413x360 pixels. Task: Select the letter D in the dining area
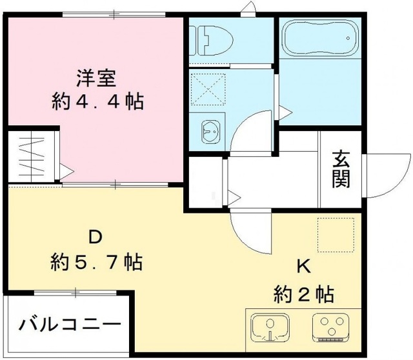click(95, 238)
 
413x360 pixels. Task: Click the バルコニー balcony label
click(68, 323)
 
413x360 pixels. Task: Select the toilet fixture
click(210, 41)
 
